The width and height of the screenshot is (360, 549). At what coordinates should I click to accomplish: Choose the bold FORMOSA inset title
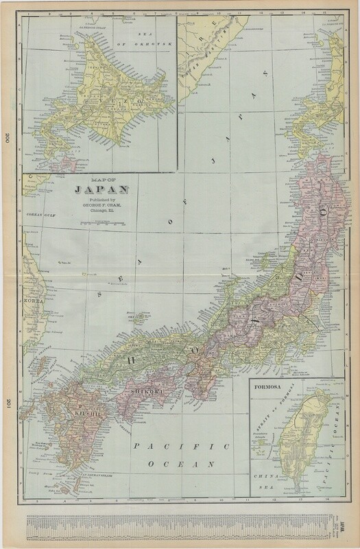click(269, 396)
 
